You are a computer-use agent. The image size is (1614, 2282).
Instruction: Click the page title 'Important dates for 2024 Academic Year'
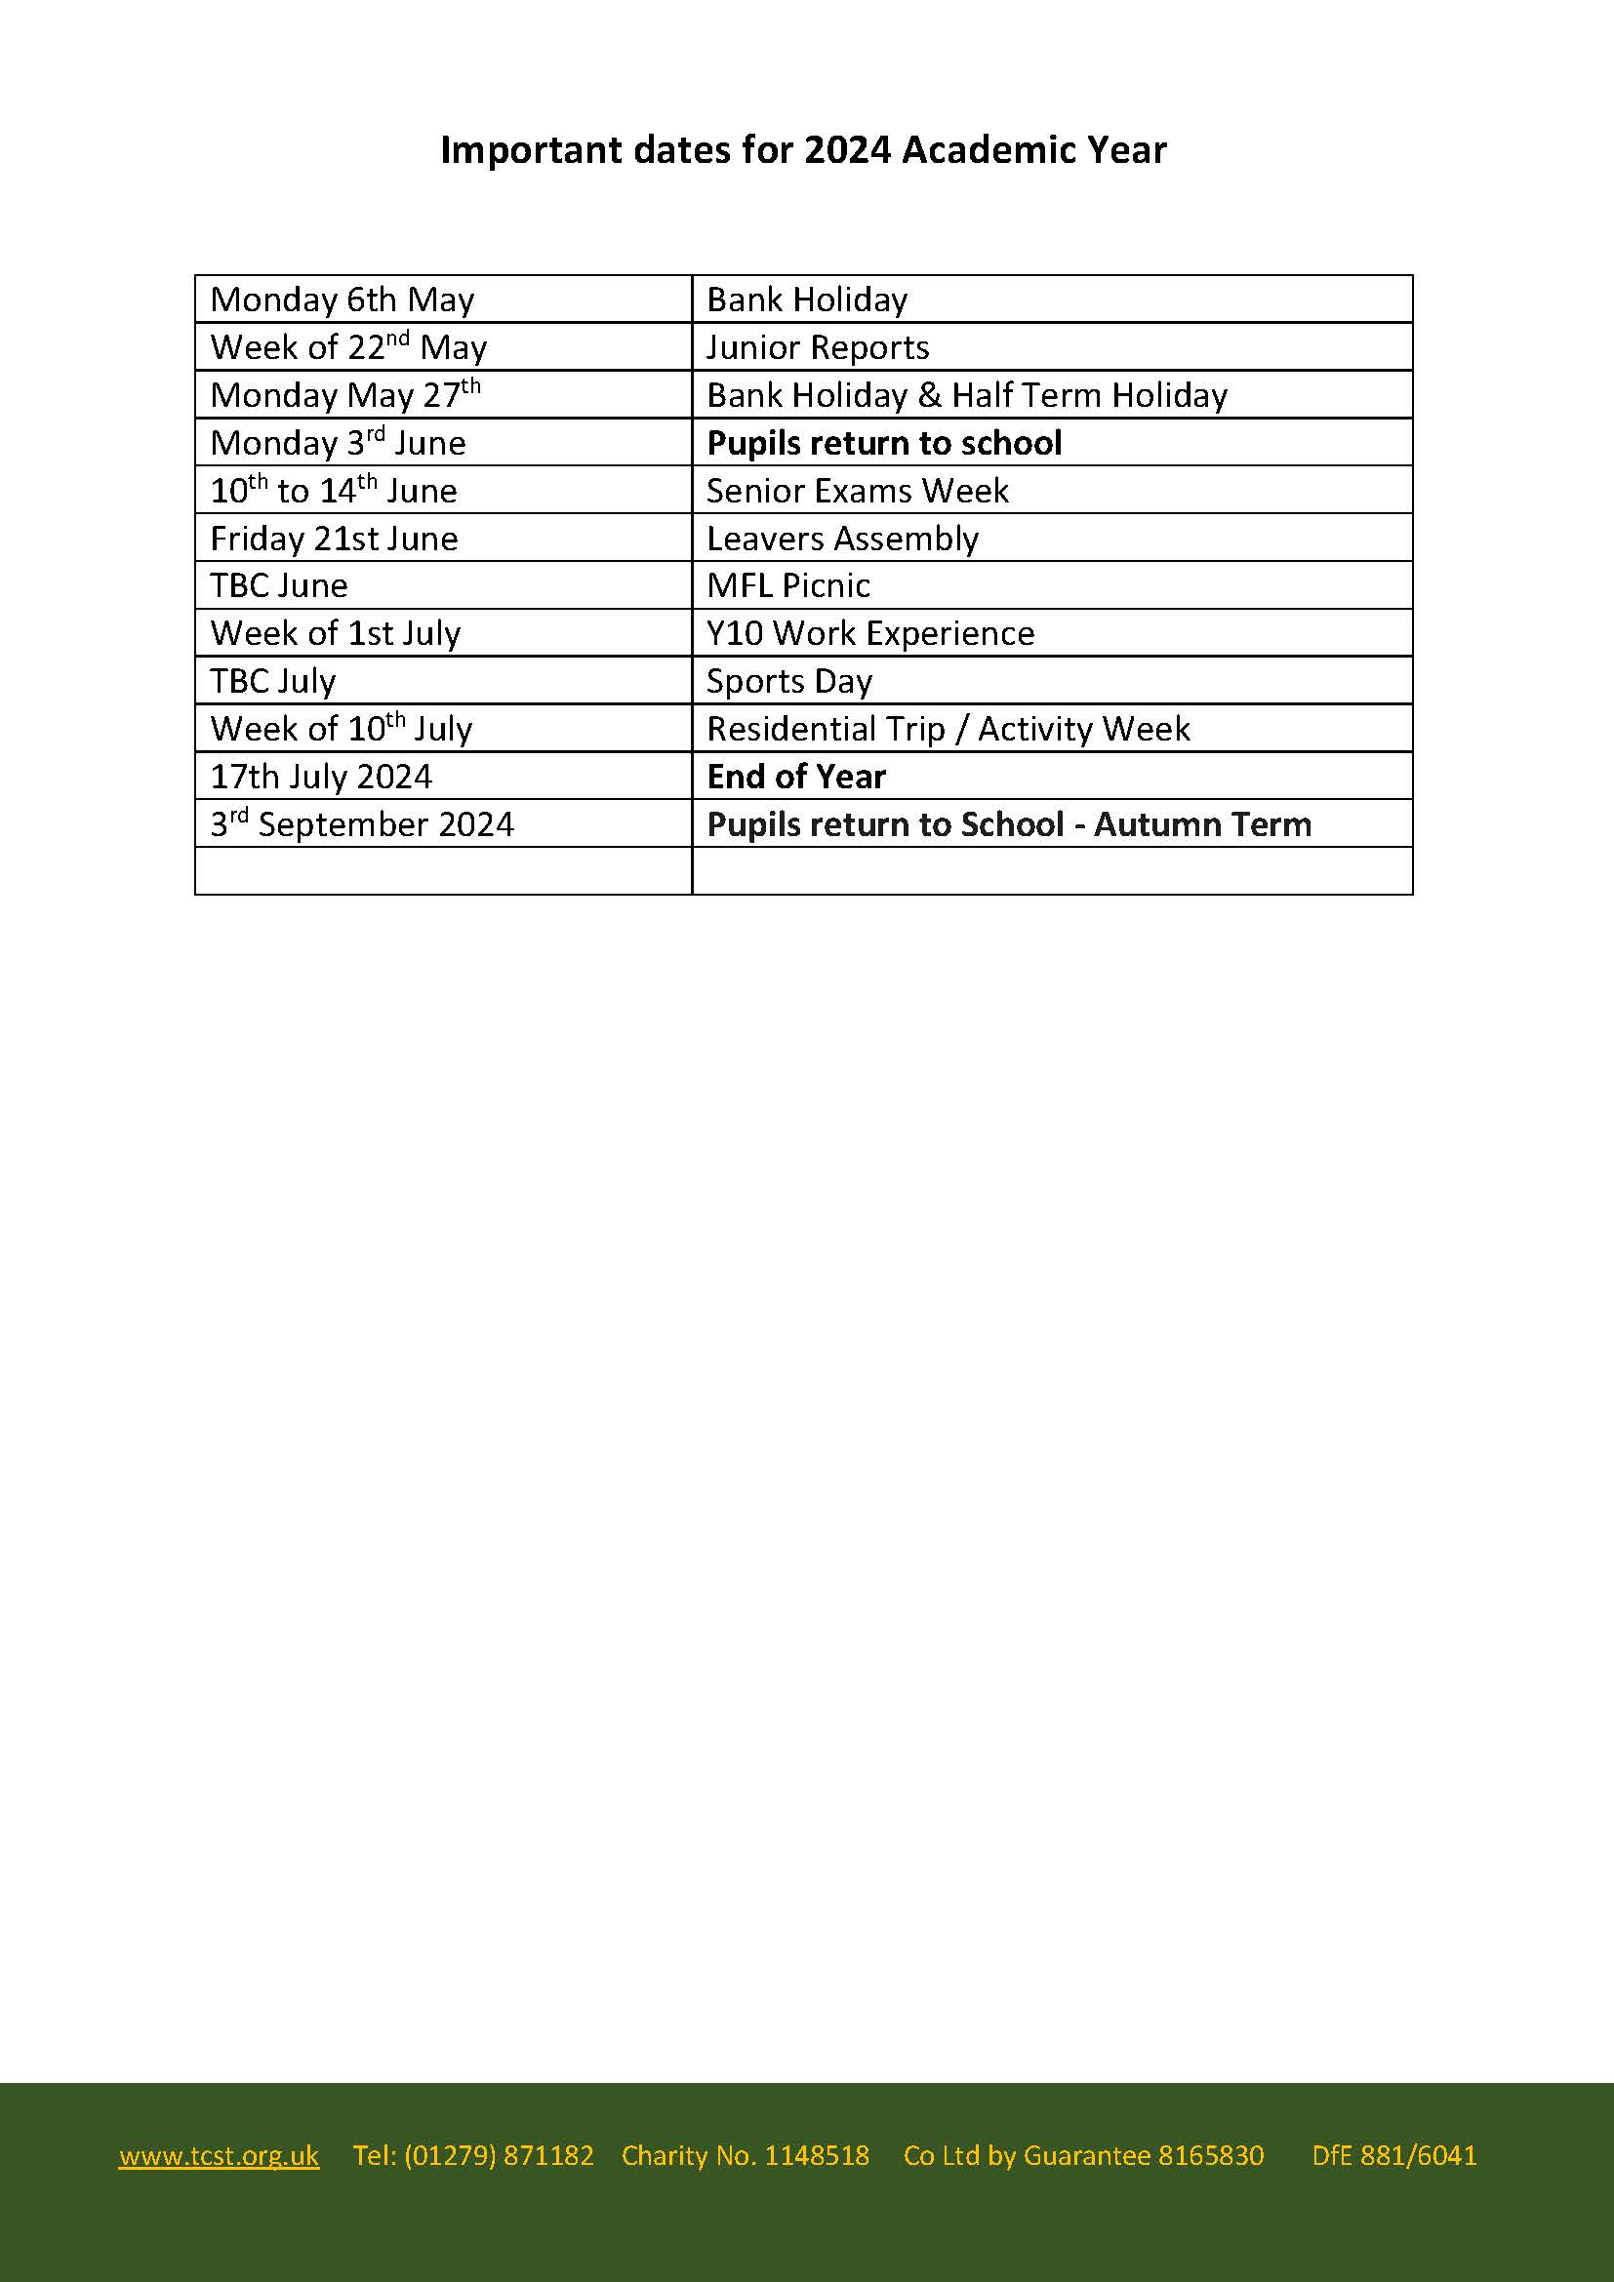pos(803,150)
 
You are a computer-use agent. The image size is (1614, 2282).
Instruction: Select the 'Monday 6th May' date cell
pos(342,300)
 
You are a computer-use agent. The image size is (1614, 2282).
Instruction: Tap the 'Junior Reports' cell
pos(817,347)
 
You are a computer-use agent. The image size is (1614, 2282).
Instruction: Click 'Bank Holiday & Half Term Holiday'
pos(966,394)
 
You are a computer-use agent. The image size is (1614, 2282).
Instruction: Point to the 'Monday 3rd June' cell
pos(338,442)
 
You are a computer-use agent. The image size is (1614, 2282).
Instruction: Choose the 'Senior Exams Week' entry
pos(857,490)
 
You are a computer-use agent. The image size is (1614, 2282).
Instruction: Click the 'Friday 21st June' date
pos(334,538)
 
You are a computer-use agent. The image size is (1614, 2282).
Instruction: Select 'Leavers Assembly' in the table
pos(842,538)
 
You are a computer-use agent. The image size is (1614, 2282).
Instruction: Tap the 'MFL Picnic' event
pos(787,585)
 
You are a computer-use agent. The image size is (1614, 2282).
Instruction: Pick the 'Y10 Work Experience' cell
pos(869,633)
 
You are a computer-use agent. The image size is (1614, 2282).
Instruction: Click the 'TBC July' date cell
pos(272,681)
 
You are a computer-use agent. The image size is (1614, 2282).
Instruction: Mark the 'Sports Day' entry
pos(789,681)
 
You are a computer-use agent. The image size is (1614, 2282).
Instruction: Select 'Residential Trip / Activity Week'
pos(948,729)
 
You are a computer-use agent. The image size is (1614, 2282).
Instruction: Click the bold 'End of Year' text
pos(795,777)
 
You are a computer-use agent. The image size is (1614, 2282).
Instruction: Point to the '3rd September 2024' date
pos(362,824)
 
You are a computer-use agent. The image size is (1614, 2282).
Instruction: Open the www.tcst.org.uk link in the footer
pos(219,2155)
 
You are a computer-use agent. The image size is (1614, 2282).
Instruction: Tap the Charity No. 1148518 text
pos(745,2155)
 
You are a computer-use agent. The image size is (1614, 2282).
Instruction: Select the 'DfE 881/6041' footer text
pos(1393,2155)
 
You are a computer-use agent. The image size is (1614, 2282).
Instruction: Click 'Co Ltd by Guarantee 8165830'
pos(1083,2155)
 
